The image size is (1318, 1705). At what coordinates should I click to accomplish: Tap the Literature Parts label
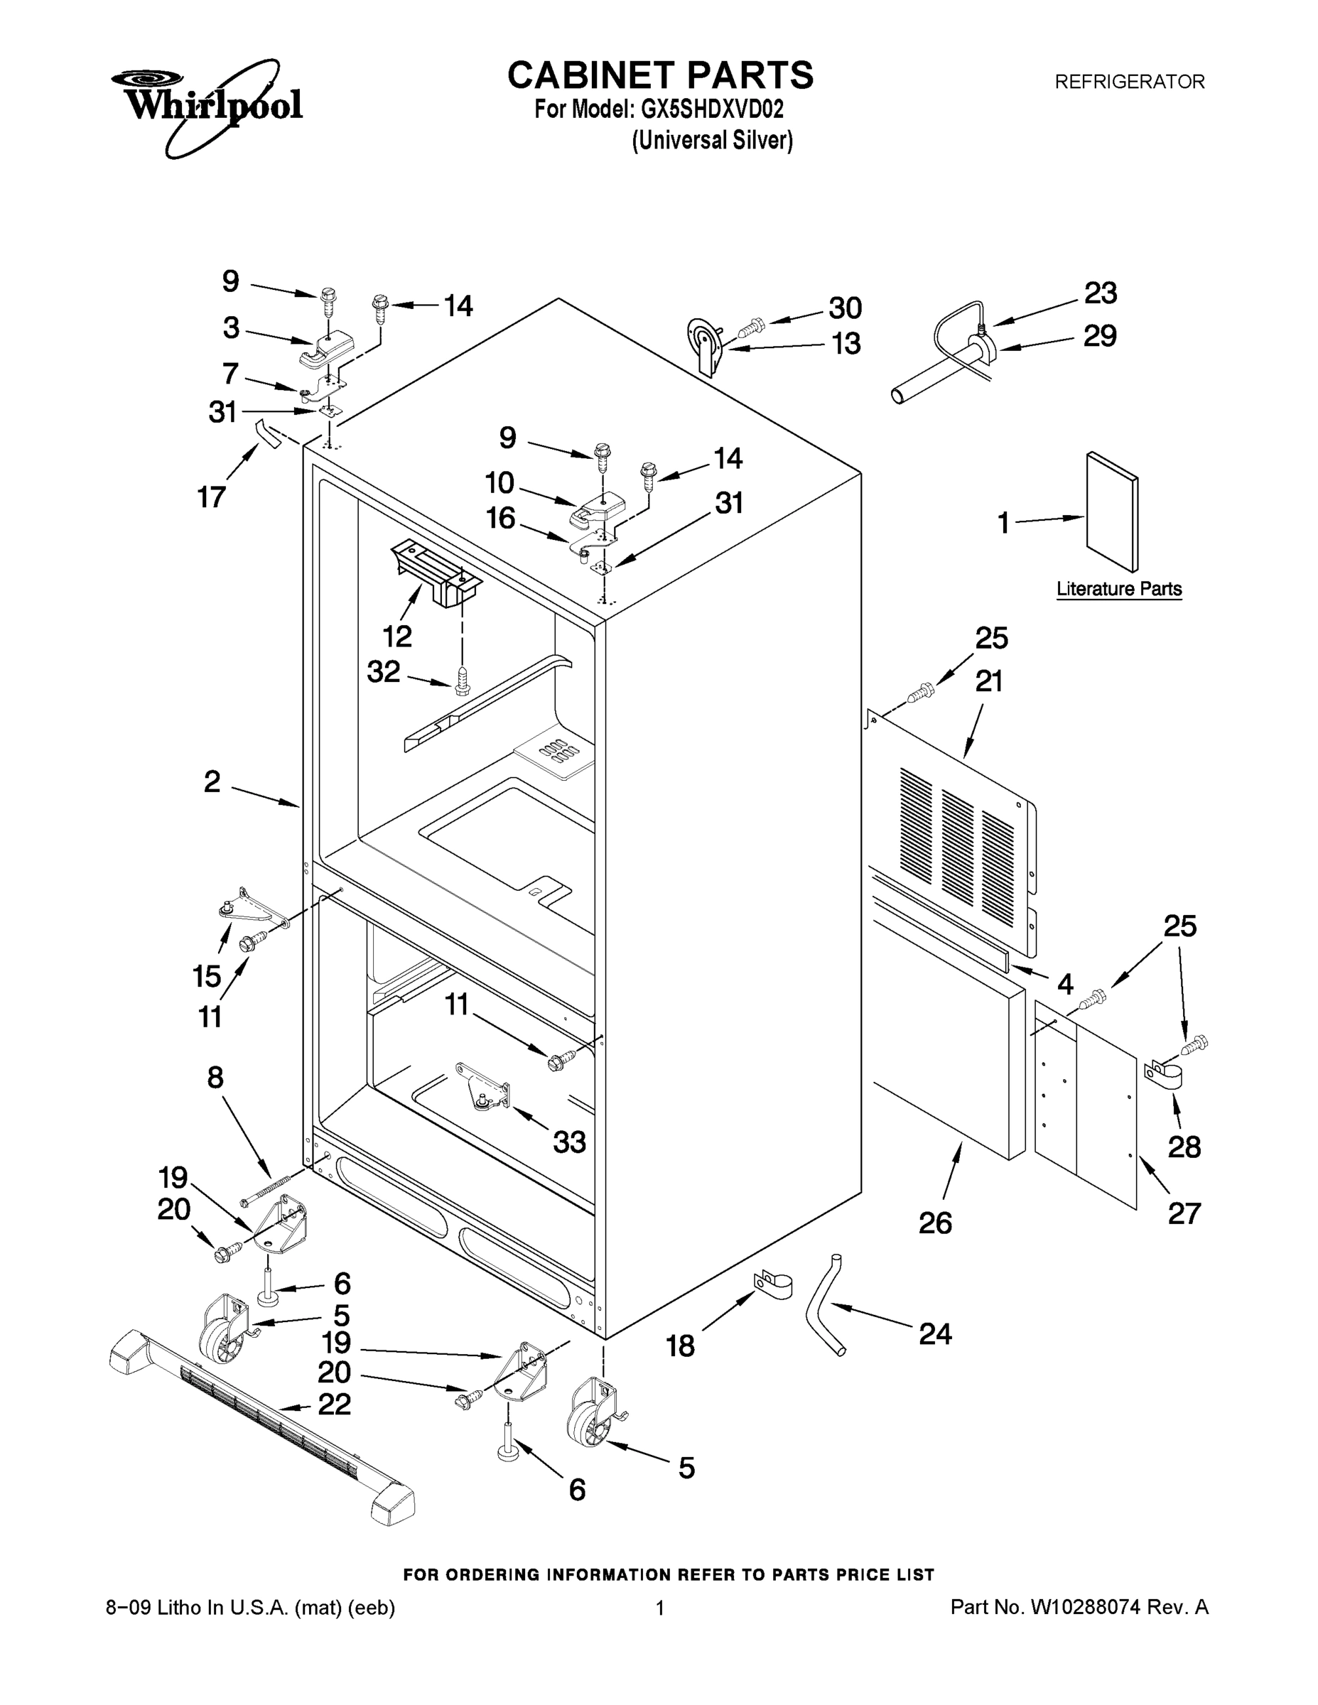pyautogui.click(x=1119, y=589)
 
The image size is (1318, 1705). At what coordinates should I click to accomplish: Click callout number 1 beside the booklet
pyautogui.click(x=1004, y=523)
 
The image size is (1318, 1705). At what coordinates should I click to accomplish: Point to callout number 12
pyautogui.click(x=397, y=637)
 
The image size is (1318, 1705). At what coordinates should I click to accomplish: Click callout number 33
pyautogui.click(x=569, y=1142)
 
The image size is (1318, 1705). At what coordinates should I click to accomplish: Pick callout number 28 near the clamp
pyautogui.click(x=1184, y=1147)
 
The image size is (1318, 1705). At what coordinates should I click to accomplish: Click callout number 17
pyautogui.click(x=212, y=497)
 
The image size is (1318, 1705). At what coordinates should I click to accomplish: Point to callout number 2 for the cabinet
pyautogui.click(x=212, y=781)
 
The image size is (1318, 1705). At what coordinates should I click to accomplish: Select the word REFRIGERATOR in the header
pyautogui.click(x=1129, y=81)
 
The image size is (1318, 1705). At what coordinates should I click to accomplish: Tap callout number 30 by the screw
pyautogui.click(x=845, y=308)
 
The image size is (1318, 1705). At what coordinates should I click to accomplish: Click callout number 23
pyautogui.click(x=1100, y=293)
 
